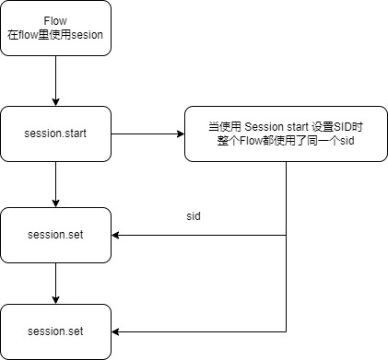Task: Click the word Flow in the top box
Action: (x=55, y=20)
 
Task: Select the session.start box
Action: (x=55, y=134)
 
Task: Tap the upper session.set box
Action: (x=55, y=235)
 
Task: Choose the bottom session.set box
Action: (x=55, y=331)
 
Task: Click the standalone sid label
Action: (x=194, y=215)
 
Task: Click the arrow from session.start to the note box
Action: (x=147, y=134)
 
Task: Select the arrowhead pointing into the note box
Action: (x=180, y=134)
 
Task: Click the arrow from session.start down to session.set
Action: (x=55, y=184)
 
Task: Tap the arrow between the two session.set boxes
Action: (x=55, y=281)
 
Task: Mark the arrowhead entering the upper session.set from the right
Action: (x=117, y=235)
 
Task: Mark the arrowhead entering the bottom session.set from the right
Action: (x=117, y=331)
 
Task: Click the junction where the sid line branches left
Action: (x=287, y=235)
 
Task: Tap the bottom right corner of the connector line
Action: (x=287, y=331)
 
